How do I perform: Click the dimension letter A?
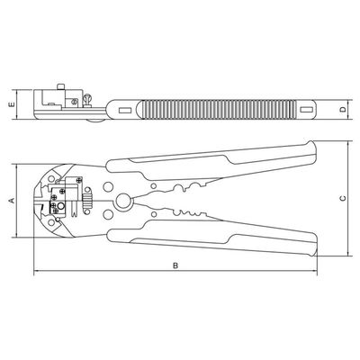pos(13,200)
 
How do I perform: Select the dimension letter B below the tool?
pos(175,265)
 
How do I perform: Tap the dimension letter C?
pos(343,198)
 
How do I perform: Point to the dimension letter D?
pos(343,110)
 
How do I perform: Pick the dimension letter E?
pos(12,104)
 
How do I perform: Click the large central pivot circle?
pos(123,202)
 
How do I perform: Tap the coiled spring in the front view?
pos(87,201)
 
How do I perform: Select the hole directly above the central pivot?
pos(108,186)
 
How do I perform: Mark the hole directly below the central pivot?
pos(108,215)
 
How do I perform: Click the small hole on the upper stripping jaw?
pos(154,186)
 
